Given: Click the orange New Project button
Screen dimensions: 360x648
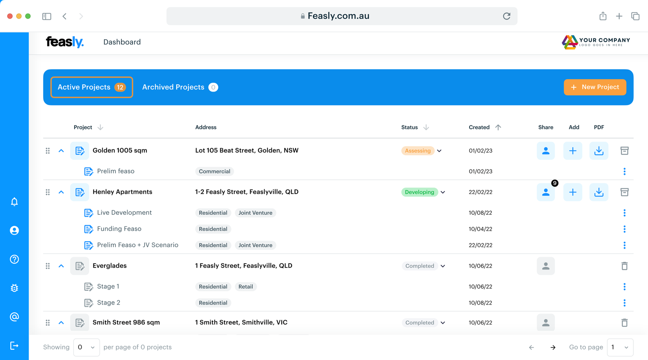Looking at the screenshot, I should point(594,87).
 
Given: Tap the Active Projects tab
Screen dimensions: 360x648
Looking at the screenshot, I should point(92,87).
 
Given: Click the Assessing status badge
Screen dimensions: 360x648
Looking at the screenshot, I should point(418,151).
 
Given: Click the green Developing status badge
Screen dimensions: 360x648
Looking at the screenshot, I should point(419,192).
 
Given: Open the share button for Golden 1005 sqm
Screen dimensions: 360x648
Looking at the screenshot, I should point(546,151).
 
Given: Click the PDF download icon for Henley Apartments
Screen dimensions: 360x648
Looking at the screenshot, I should point(599,192).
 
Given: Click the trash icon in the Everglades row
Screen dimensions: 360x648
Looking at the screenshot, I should point(624,266).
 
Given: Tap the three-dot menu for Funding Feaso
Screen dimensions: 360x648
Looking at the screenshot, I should point(624,229).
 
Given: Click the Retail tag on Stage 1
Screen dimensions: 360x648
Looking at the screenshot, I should point(245,287).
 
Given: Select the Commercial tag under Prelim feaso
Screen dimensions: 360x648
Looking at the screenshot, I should point(214,172).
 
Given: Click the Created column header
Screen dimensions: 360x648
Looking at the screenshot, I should point(479,127).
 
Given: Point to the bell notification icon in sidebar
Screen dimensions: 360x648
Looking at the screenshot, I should point(14,202).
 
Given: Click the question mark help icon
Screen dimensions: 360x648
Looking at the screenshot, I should point(14,259).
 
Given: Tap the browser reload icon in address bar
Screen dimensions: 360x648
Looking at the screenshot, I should point(507,16).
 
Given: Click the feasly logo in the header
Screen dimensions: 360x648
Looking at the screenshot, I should point(65,42).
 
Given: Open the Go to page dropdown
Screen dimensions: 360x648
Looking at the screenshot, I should point(620,347).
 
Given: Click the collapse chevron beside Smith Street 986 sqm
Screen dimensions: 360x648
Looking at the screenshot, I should point(61,323).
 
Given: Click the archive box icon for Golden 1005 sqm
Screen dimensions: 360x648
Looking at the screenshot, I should point(624,151).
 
